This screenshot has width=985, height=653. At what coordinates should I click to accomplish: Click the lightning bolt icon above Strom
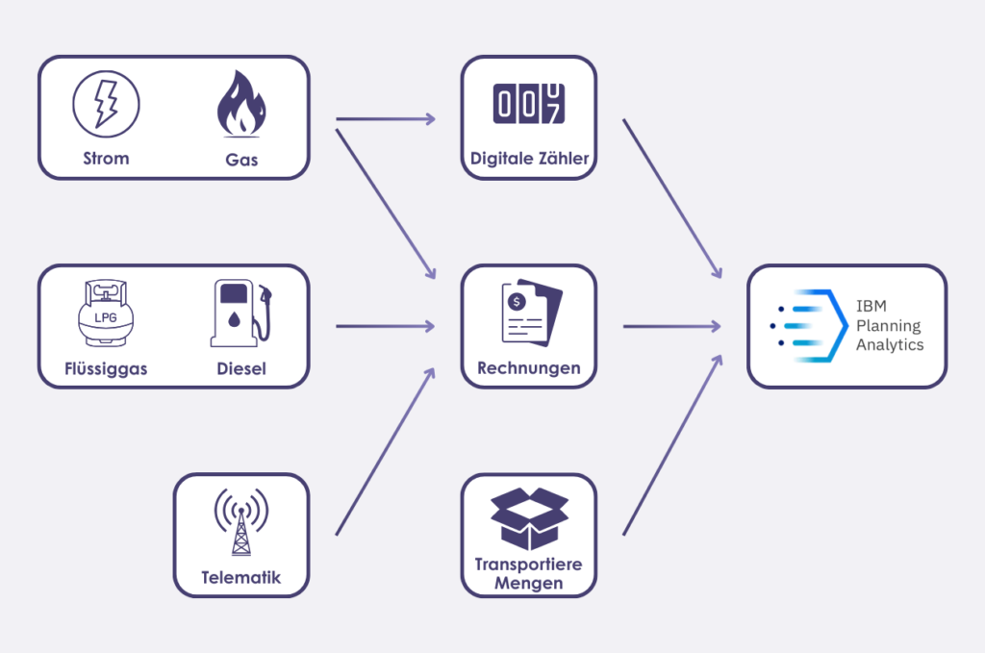coord(106,102)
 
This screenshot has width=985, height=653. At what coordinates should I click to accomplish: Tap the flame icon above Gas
coord(241,99)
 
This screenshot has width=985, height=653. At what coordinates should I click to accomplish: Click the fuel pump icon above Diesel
coord(240,314)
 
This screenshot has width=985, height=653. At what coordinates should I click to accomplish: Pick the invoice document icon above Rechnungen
coord(528,312)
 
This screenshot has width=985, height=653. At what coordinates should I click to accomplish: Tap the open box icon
coord(528,519)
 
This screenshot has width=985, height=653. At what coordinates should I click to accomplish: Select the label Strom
coord(106,159)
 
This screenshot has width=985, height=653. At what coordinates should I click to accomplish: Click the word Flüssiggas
coord(106,369)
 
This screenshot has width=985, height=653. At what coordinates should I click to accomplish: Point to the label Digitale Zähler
coord(529,159)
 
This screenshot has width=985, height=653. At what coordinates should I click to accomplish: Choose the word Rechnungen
coord(529,368)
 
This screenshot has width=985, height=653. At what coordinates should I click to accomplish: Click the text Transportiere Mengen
coord(528,573)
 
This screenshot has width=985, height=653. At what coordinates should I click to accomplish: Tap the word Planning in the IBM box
coord(888,326)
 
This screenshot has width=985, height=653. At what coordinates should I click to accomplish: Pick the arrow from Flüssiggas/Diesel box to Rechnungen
coord(385,327)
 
